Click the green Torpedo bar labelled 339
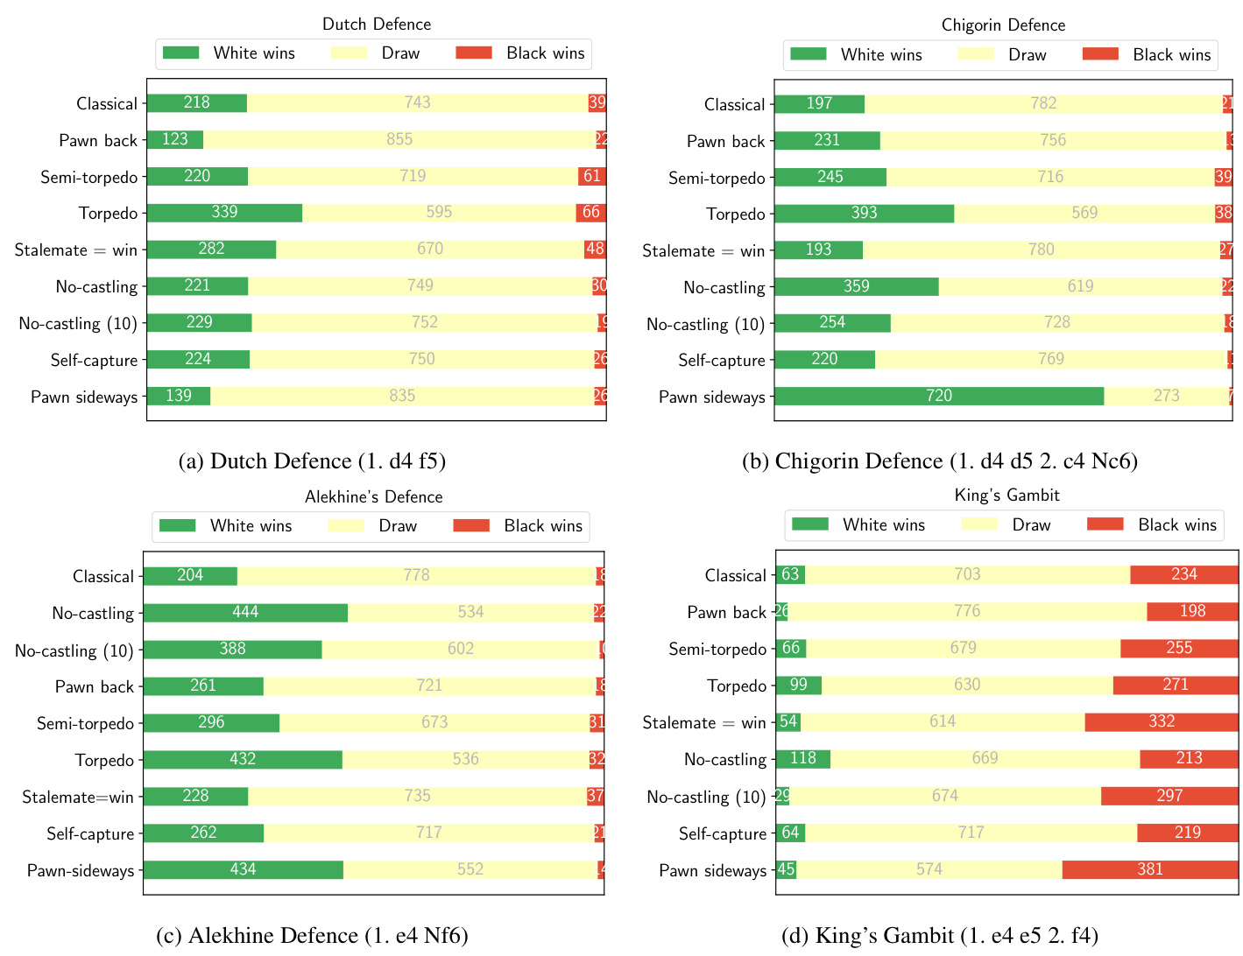pyautogui.click(x=224, y=213)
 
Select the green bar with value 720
pyautogui.click(x=938, y=397)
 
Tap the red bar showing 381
pyautogui.click(x=1149, y=869)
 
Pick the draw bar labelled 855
pyautogui.click(x=399, y=140)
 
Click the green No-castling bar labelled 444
pyautogui.click(x=245, y=613)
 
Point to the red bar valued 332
pyautogui.click(x=1161, y=722)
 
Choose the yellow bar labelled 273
pyautogui.click(x=1166, y=397)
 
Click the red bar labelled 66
pyautogui.click(x=590, y=213)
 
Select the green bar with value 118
pyautogui.click(x=802, y=759)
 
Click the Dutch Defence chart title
pyautogui.click(x=377, y=24)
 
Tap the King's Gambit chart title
pyautogui.click(x=1006, y=496)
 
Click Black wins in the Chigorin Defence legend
pyautogui.click(x=1171, y=55)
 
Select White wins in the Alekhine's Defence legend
pyautogui.click(x=251, y=526)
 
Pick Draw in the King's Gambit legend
pyautogui.click(x=1031, y=525)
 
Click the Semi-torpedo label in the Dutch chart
pyautogui.click(x=89, y=178)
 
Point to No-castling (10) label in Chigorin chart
pyautogui.click(x=705, y=325)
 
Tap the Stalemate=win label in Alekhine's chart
pyautogui.click(x=78, y=798)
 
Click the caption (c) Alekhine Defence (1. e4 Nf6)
pyautogui.click(x=312, y=936)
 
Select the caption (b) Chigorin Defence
pyautogui.click(x=939, y=461)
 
